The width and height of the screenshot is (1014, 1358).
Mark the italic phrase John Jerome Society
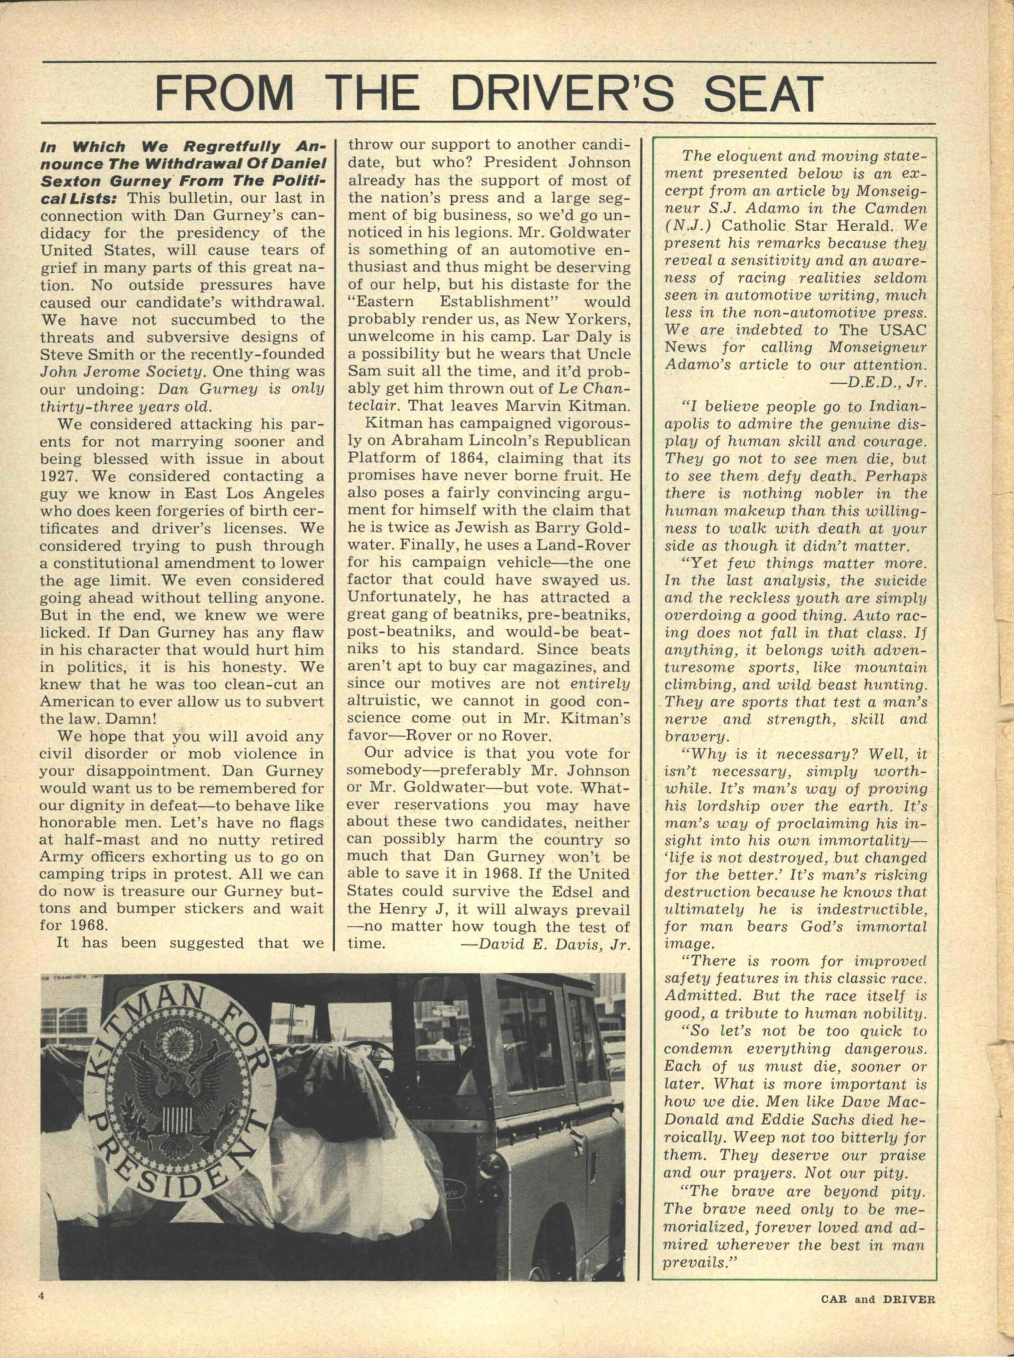click(x=122, y=372)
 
